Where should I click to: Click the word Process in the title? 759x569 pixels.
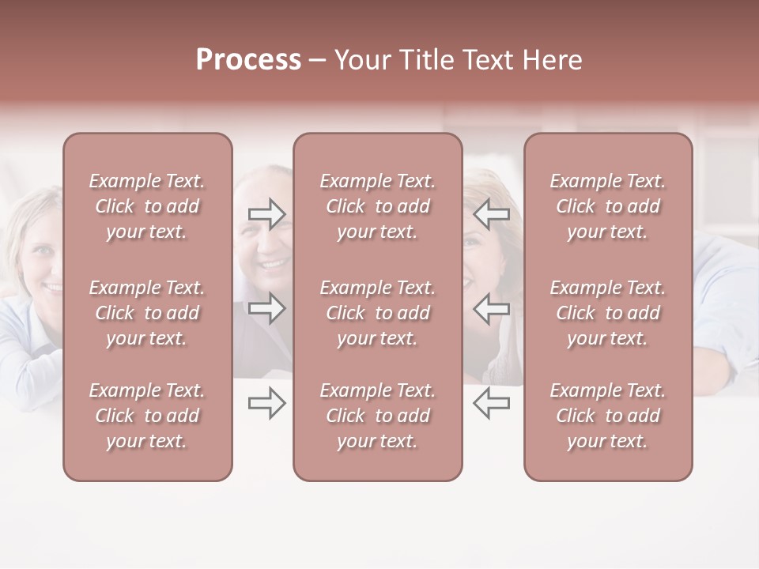pos(248,60)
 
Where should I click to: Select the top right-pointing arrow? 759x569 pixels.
pos(266,214)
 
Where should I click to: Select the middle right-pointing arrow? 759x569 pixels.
pos(266,308)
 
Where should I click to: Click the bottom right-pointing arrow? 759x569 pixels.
pos(266,404)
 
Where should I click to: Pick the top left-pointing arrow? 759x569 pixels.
pos(492,214)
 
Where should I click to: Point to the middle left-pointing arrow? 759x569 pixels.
pos(492,308)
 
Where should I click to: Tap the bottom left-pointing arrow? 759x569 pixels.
pos(492,404)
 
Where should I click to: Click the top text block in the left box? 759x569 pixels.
pos(147,206)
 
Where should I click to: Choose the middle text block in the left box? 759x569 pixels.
pos(147,313)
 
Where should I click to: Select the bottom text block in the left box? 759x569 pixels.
pos(147,416)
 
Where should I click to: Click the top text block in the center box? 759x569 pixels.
pos(377,206)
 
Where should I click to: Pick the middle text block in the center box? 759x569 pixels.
pos(377,313)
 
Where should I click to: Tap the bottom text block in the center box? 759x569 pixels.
pos(377,416)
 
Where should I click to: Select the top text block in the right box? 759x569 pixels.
pos(607,206)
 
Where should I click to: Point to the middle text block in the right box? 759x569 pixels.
pos(607,313)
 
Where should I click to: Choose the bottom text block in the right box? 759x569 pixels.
pos(607,416)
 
